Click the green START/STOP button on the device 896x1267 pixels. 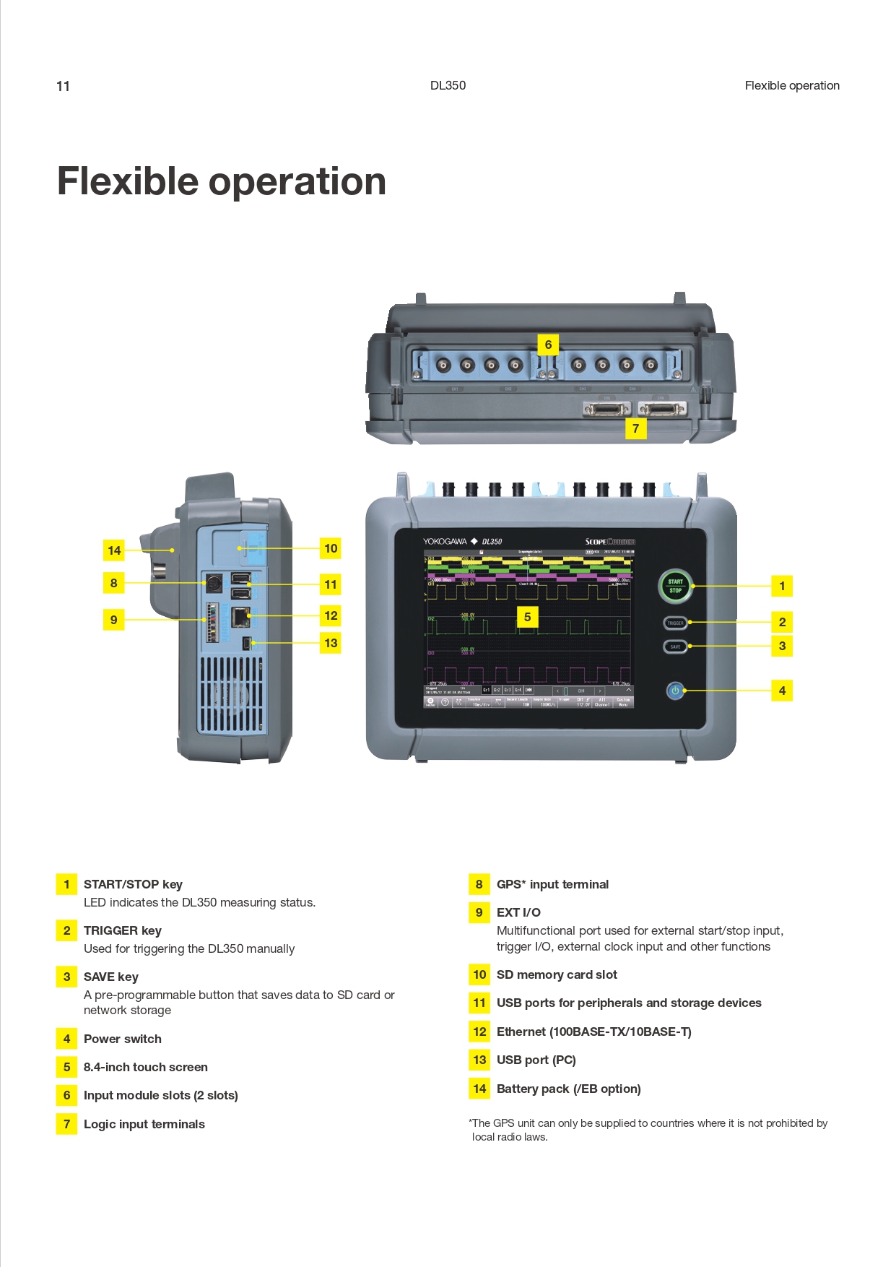coord(675,586)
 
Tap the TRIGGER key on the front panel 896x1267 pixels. coord(675,623)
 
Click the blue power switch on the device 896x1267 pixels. coord(675,691)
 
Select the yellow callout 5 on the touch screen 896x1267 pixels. coord(527,617)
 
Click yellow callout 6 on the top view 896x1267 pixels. coord(548,345)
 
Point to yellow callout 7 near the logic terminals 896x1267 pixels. coord(635,428)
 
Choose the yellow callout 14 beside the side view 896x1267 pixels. coord(114,550)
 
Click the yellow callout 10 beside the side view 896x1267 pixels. coord(331,548)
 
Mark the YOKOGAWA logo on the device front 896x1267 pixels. coord(445,541)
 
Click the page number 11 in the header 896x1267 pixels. coord(64,87)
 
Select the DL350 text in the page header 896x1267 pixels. coord(448,85)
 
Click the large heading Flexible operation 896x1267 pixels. coord(221,181)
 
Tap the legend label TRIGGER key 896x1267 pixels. coord(123,930)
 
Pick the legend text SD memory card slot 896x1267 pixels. coord(557,974)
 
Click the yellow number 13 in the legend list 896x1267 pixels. coord(479,1060)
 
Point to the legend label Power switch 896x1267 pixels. coord(123,1039)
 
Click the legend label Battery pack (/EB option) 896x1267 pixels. coord(568,1089)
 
